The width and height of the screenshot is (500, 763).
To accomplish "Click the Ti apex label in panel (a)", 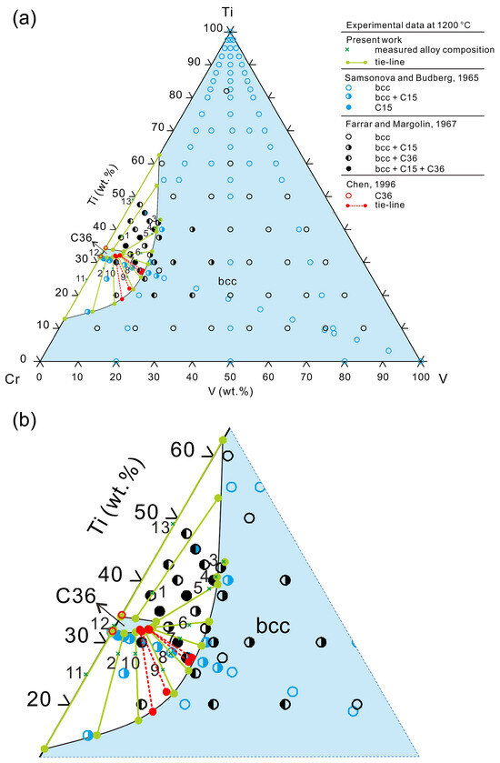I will [x=231, y=11].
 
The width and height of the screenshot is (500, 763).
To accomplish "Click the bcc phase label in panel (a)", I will [x=227, y=283].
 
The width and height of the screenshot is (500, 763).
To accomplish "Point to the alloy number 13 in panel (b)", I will [x=161, y=527].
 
